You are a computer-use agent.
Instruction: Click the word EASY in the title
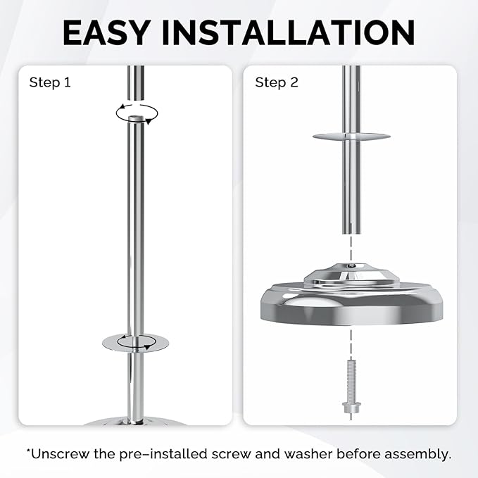point(106,32)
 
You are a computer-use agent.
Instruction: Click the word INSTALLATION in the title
point(288,32)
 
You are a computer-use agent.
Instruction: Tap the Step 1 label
point(50,82)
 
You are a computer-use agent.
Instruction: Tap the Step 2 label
point(277,82)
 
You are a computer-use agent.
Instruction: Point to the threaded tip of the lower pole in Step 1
point(136,118)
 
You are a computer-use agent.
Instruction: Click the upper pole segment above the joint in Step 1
point(136,82)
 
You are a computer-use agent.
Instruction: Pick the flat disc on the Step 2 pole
point(351,137)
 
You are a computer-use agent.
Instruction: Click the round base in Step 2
point(351,305)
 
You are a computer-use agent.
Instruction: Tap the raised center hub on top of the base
point(351,275)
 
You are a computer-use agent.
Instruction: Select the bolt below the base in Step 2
point(351,386)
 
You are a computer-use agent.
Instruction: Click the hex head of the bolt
point(351,408)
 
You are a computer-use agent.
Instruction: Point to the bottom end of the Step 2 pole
point(351,233)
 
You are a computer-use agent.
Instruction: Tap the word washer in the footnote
point(308,454)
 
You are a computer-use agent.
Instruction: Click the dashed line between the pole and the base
point(351,249)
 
